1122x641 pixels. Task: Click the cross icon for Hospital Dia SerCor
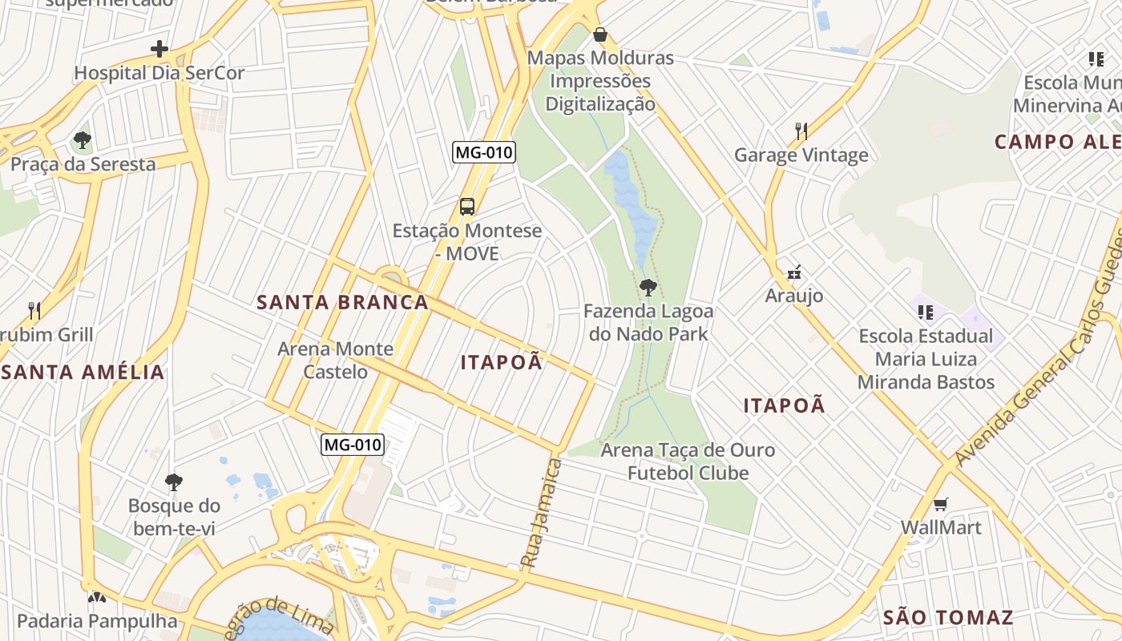(x=159, y=49)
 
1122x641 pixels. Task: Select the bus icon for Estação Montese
(x=467, y=207)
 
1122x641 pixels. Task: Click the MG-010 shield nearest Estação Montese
(x=483, y=152)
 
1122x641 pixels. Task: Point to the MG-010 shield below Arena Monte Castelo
(x=353, y=445)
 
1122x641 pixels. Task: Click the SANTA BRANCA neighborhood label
(x=342, y=302)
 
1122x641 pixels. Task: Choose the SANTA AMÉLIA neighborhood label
(x=83, y=372)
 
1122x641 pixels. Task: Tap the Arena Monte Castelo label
(x=335, y=360)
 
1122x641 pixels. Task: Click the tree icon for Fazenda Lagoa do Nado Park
(x=648, y=288)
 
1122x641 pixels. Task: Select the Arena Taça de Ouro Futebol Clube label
(x=688, y=461)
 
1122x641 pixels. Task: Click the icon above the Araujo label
(x=793, y=273)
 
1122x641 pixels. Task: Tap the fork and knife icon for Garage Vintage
(x=801, y=131)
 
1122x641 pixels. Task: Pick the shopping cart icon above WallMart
(x=941, y=504)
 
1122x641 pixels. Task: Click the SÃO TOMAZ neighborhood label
(x=948, y=618)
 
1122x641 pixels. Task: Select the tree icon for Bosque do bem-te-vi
(x=173, y=482)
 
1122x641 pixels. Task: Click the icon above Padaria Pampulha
(x=96, y=598)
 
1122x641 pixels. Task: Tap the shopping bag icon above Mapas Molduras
(x=599, y=34)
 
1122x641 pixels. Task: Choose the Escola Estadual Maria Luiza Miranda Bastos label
(x=926, y=359)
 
